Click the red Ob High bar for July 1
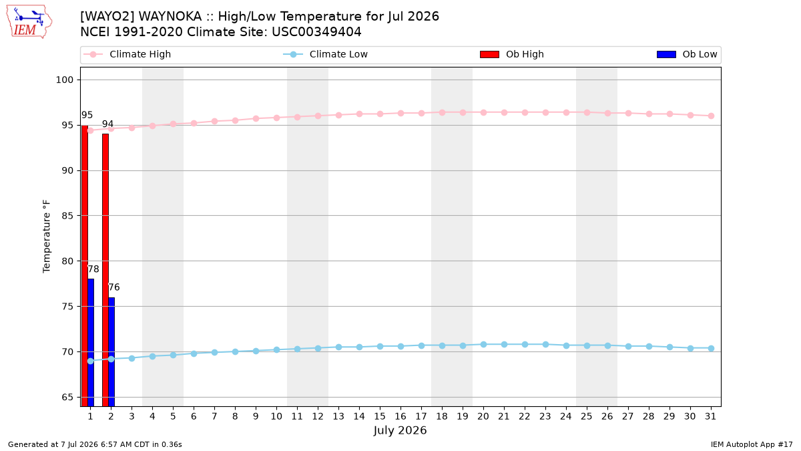84,266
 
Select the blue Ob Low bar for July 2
111,352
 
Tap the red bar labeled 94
105,270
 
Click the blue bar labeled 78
91,343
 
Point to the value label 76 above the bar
113,287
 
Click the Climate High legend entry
127,54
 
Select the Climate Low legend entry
326,54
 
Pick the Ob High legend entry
512,54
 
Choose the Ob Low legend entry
687,54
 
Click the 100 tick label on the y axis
64,80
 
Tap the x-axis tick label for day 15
380,416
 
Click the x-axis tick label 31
710,416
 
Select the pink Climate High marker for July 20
483,112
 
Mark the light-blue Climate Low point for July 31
712,348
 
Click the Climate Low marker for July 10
276,349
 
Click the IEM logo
29,22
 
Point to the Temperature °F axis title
47,237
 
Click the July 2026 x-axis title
400,430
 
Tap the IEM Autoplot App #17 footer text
752,444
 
